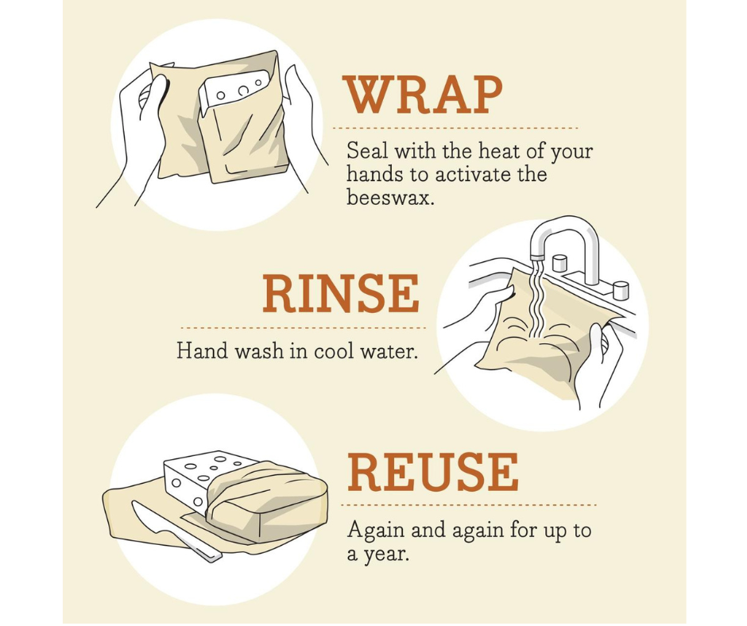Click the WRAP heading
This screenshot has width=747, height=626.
pos(423,96)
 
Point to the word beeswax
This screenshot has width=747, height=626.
pos(389,198)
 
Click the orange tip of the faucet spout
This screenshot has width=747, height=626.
pos(537,257)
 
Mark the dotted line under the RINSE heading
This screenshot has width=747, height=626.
pos(302,327)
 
